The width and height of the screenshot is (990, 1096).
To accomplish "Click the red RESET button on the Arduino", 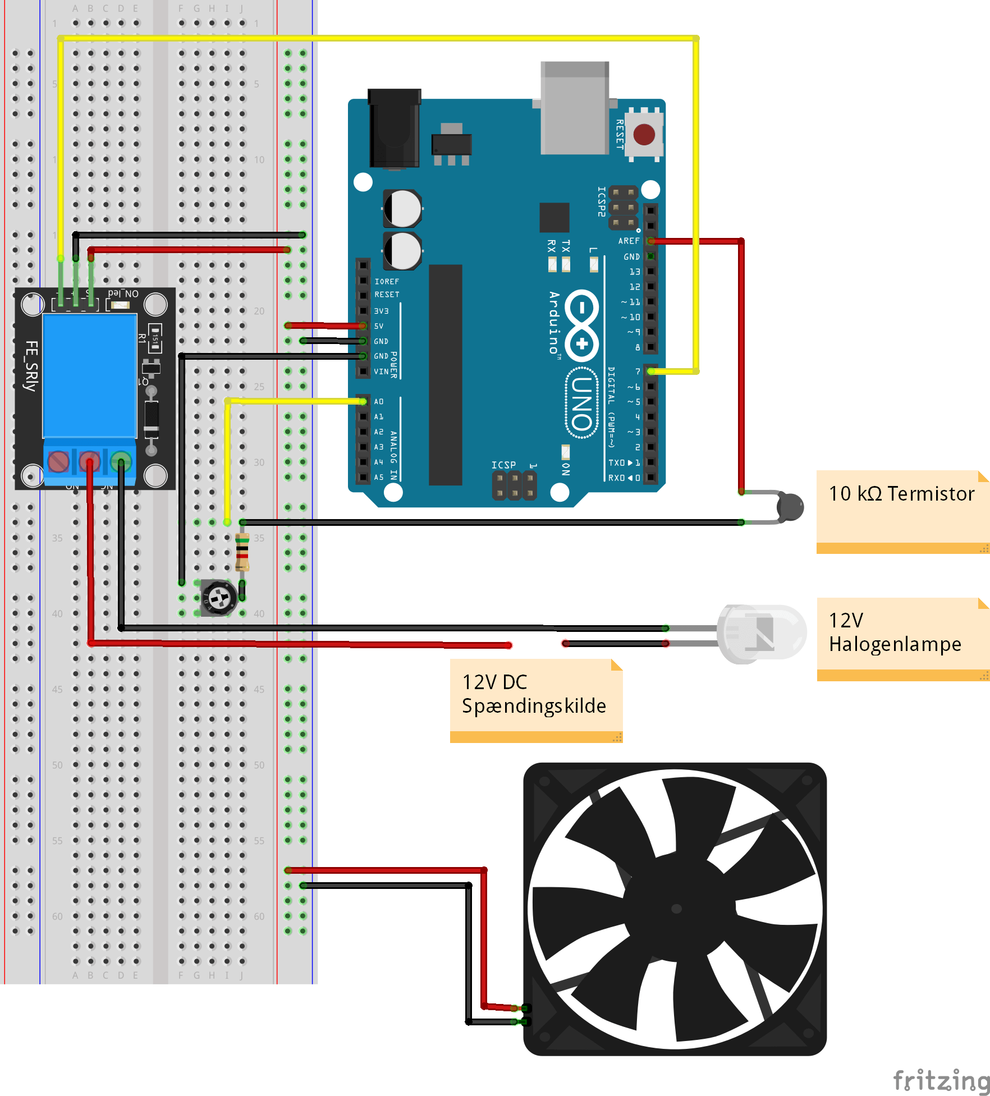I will tap(644, 135).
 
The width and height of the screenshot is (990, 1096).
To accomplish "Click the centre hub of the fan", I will tap(676, 909).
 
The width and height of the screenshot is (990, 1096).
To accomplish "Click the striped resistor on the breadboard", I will tap(242, 551).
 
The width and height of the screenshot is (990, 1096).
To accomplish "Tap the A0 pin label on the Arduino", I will tap(379, 402).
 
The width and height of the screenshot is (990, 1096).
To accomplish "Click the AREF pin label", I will tap(629, 241).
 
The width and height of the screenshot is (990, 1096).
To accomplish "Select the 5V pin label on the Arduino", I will tap(379, 326).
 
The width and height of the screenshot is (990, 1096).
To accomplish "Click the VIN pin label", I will tap(381, 372).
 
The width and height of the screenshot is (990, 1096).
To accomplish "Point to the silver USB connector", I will tap(575, 108).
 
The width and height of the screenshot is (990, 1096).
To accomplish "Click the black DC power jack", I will tap(395, 129).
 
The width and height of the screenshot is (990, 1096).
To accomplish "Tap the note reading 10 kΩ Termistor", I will tap(901, 494).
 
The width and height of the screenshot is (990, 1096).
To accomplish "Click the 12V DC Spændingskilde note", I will tap(534, 694).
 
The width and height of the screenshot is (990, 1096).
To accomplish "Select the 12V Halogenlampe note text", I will tap(895, 632).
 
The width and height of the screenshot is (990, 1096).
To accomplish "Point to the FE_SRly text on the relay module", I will tap(31, 366).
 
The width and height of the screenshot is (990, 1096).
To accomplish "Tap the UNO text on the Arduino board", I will tap(583, 402).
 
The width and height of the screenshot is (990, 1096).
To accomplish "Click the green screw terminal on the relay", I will tap(121, 462).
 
